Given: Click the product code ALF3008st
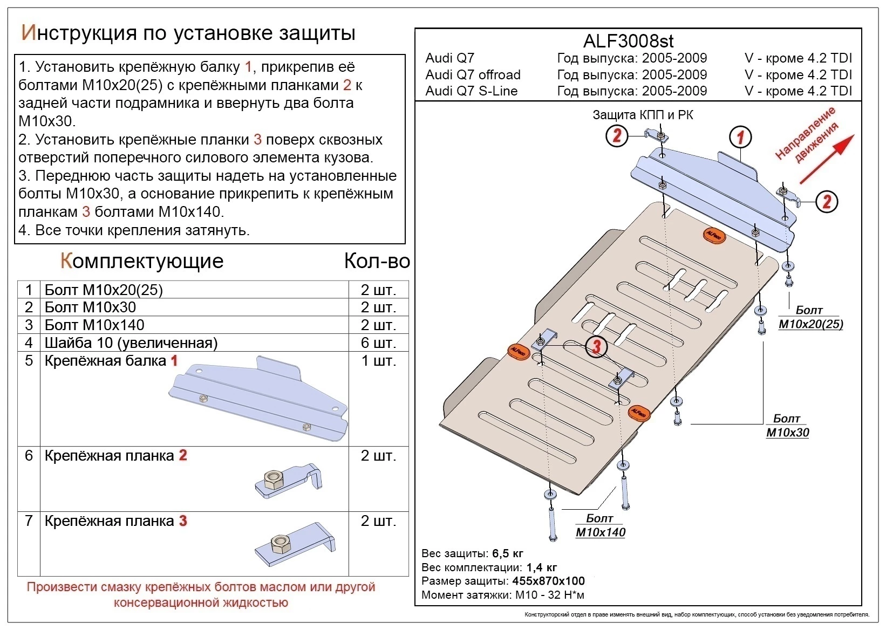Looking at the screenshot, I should [628, 41].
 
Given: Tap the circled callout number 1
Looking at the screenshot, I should [740, 138].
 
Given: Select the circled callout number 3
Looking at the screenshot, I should [596, 346].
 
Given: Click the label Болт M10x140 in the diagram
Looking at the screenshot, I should [600, 525].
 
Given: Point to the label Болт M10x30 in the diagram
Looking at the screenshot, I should [787, 426].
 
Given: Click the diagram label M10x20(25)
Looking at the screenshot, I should [810, 324].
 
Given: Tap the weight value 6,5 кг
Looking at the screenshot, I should [507, 553].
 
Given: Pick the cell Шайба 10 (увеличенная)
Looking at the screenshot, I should [131, 343].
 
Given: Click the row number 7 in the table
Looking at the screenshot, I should [29, 521].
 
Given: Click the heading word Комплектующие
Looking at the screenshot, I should [142, 261].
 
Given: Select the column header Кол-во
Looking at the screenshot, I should [377, 261].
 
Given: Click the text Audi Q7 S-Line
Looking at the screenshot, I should [471, 91].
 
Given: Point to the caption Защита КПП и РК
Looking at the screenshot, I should [643, 115].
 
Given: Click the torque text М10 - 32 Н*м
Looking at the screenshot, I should [549, 595].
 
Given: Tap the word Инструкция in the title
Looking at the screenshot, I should [78, 33].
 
